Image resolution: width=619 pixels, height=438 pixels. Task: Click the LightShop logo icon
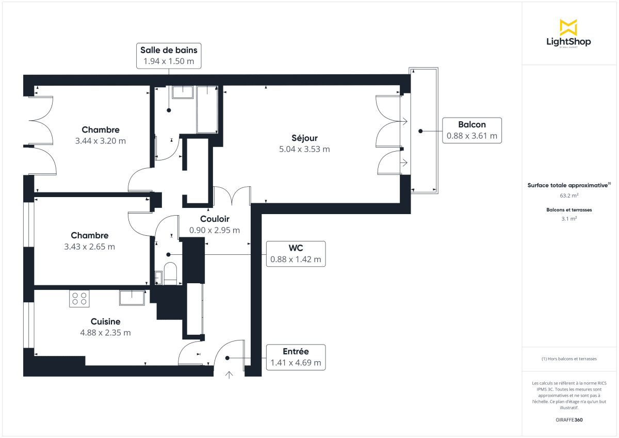coord(568,27)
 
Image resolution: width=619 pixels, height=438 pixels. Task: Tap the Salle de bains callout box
coord(169,56)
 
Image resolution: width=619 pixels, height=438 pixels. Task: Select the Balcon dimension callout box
coord(472,130)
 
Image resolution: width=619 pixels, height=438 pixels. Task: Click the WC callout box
coord(296,254)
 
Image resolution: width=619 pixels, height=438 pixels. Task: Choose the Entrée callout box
coord(296,357)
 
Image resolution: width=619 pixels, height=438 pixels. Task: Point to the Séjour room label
coord(304,138)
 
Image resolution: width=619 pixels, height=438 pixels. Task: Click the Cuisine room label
coord(105,321)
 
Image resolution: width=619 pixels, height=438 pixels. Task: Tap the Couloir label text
coord(215,219)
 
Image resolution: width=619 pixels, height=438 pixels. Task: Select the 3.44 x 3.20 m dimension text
coord(101,140)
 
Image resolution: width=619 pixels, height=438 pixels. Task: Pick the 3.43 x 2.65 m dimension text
coord(90,247)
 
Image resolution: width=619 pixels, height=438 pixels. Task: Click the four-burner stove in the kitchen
coord(79,299)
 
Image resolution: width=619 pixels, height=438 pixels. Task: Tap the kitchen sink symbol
coord(133,298)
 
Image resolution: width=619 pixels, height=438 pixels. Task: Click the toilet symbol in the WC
coord(171,273)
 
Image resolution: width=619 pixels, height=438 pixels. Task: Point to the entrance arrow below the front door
coord(229,374)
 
